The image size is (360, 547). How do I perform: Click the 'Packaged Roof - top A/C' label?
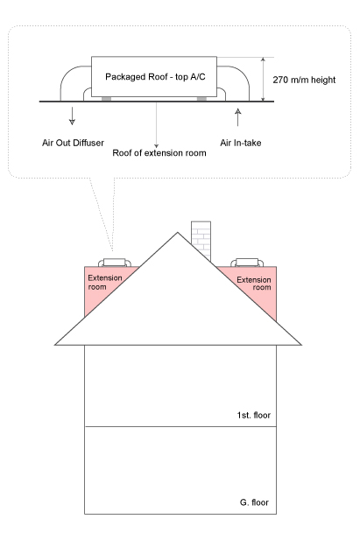(x=155, y=77)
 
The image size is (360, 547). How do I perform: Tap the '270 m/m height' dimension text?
(x=304, y=80)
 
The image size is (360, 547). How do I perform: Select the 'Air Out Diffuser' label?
(x=73, y=143)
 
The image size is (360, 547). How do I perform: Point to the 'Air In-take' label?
(x=241, y=143)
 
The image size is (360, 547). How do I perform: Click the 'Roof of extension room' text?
(x=159, y=153)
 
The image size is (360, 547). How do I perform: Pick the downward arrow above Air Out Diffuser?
(x=72, y=116)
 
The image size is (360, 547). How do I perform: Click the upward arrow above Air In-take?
(x=237, y=117)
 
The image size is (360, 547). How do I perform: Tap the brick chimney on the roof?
(x=201, y=241)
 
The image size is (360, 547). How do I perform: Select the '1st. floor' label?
(x=254, y=415)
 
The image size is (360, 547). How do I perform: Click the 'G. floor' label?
(x=254, y=502)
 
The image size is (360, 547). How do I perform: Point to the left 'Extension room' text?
(x=105, y=282)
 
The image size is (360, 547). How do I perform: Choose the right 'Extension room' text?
(x=254, y=284)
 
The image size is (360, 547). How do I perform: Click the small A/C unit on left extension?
(x=115, y=263)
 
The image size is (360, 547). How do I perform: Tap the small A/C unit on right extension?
(x=247, y=263)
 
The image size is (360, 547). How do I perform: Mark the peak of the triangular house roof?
(x=178, y=232)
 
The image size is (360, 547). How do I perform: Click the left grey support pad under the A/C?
(x=107, y=99)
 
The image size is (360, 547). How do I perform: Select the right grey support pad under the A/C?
(x=201, y=99)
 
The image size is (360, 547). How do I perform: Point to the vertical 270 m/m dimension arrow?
(x=264, y=79)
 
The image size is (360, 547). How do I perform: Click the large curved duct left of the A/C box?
(x=66, y=75)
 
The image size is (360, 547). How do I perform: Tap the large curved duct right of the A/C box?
(x=244, y=75)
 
